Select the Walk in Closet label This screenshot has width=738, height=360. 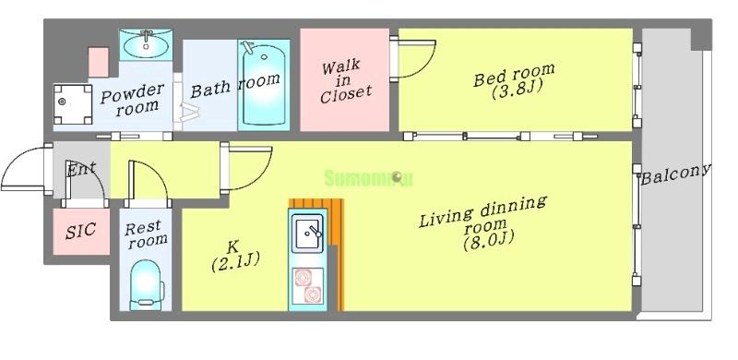(346, 80)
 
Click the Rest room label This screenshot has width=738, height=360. (146, 233)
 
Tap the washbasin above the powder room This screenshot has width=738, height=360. (146, 42)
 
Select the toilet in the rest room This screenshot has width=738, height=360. (147, 282)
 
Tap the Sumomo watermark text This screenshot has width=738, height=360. (363, 176)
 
